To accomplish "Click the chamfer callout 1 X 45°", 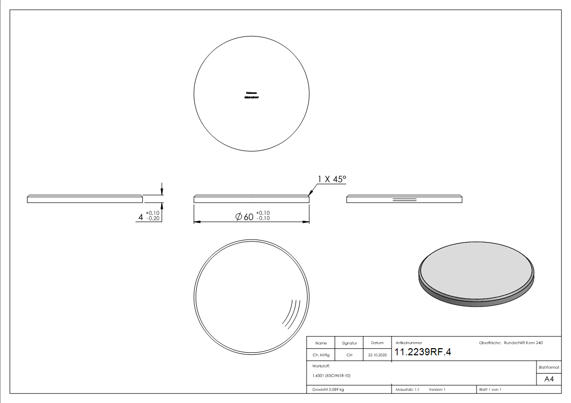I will tap(332, 179).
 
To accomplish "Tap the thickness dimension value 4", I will tap(141, 217).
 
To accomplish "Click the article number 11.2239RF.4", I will tap(423, 353).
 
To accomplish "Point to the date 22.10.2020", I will tap(377, 355).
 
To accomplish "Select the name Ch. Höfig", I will tap(321, 355).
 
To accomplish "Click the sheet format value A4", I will tap(549, 379).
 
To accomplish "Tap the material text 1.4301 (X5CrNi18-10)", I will tap(332, 376).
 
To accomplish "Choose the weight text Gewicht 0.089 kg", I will tap(328, 389).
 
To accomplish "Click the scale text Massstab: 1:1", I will tap(407, 389).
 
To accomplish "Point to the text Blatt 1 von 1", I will tap(490, 389).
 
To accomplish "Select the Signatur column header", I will tap(349, 343).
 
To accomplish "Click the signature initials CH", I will tap(349, 355).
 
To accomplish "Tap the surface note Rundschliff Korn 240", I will tap(523, 343).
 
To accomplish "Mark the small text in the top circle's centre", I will tap(252, 95).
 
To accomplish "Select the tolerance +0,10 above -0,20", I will tap(152, 213).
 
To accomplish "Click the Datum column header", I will tap(377, 343).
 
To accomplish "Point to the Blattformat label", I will tap(549, 367).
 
